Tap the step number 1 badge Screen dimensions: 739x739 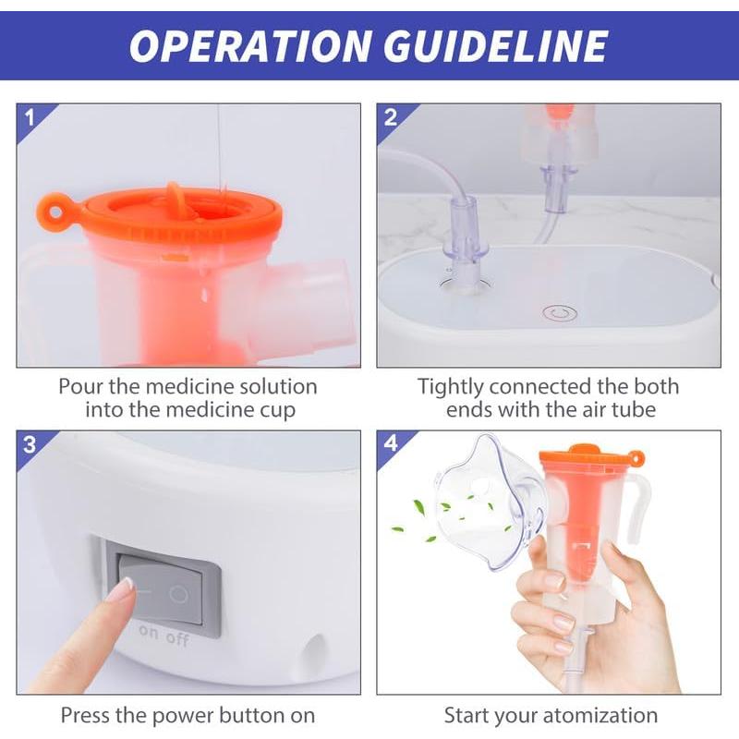[x=30, y=117]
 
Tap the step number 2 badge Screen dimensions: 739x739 [x=391, y=117]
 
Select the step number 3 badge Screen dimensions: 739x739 [x=30, y=444]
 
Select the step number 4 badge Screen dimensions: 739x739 [x=391, y=444]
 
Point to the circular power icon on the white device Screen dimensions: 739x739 [x=557, y=313]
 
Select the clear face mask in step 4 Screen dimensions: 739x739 [x=487, y=503]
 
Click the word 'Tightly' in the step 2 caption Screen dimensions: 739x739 [x=452, y=386]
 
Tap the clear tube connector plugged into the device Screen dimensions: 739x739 [x=464, y=249]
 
